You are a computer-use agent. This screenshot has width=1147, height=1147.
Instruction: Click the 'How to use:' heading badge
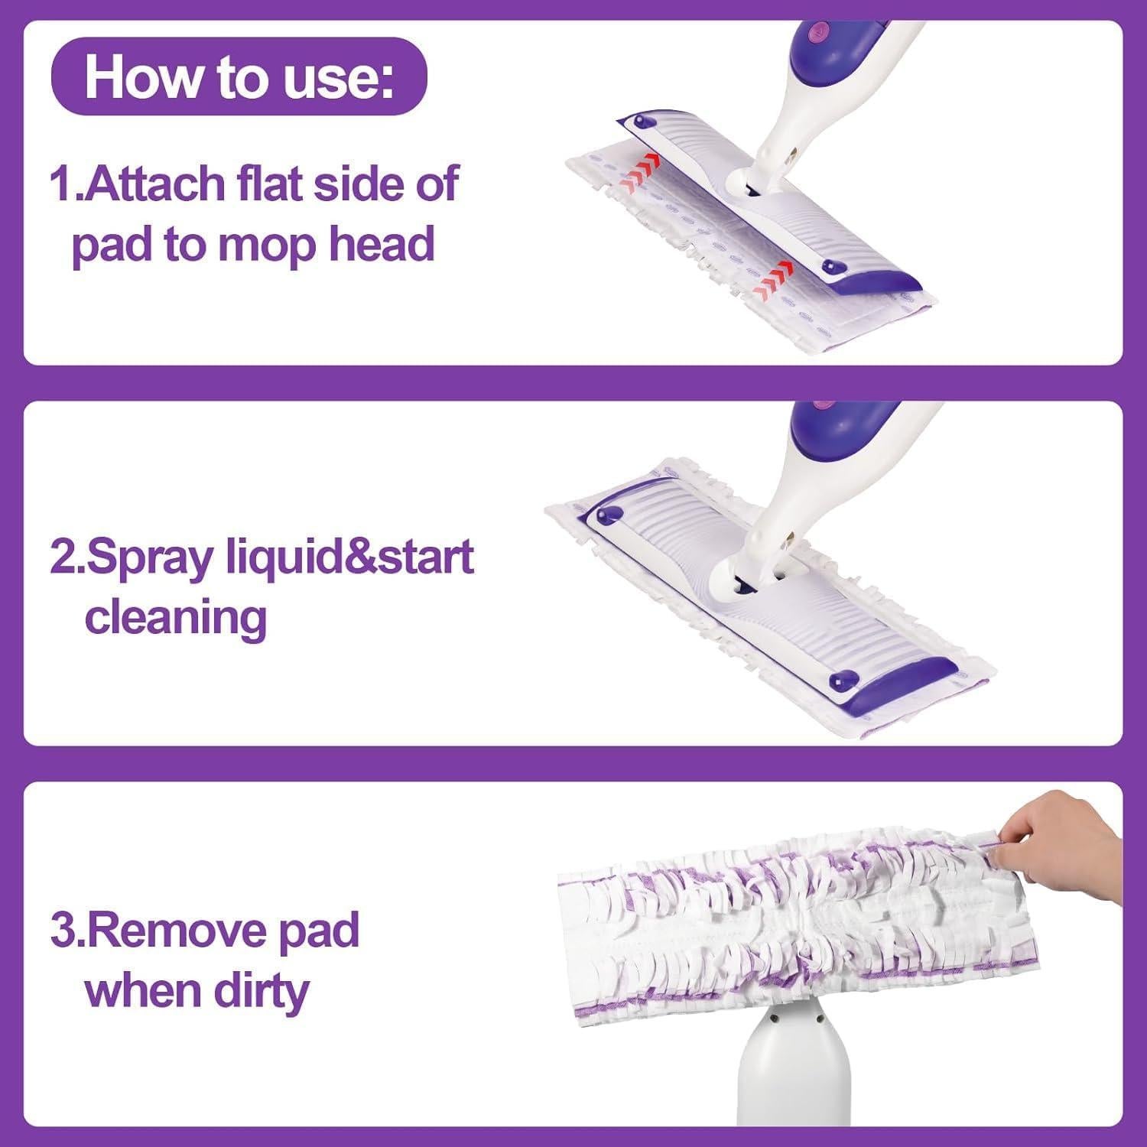pos(239,76)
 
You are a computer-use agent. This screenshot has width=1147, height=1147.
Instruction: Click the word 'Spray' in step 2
pos(135,558)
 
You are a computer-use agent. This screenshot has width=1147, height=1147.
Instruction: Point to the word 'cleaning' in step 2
pos(175,618)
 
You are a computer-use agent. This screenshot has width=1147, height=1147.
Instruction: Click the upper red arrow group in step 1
pos(641,173)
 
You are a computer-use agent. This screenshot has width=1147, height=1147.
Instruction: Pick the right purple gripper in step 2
pos(845,677)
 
